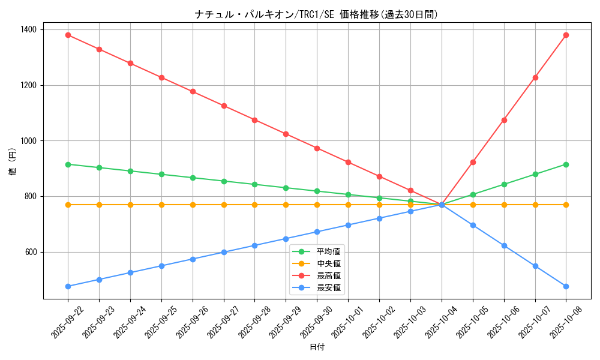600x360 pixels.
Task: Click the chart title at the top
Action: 316,14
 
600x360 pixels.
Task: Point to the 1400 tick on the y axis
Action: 28,29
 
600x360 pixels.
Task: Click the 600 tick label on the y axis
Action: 30,252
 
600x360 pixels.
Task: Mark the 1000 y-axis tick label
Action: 28,141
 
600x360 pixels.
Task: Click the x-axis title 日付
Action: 317,347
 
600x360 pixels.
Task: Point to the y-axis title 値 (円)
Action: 13,162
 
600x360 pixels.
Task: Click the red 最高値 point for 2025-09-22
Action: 68,35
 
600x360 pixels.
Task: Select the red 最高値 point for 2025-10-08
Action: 566,35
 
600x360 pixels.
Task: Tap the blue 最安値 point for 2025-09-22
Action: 68,286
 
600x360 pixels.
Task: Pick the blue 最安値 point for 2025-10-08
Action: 566,286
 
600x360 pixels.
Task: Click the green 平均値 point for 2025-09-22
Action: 68,164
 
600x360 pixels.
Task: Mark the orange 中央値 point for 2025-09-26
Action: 193,205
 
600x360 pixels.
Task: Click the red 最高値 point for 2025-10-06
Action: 504,120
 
